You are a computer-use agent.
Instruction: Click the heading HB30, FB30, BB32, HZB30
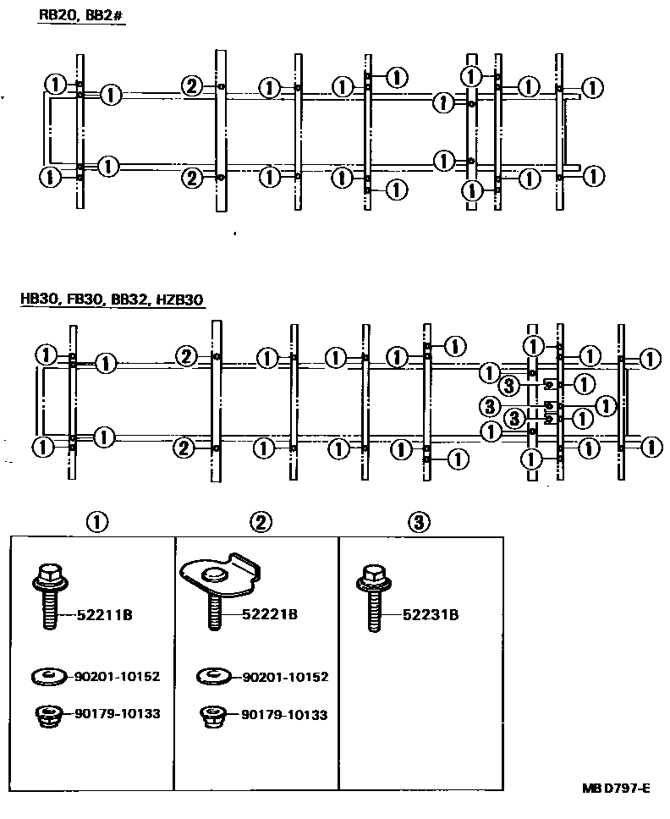point(112,300)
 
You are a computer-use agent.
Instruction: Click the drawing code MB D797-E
point(614,789)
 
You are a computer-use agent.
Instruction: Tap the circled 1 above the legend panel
point(97,522)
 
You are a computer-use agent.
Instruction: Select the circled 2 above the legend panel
point(262,522)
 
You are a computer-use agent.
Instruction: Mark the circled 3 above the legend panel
point(419,522)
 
